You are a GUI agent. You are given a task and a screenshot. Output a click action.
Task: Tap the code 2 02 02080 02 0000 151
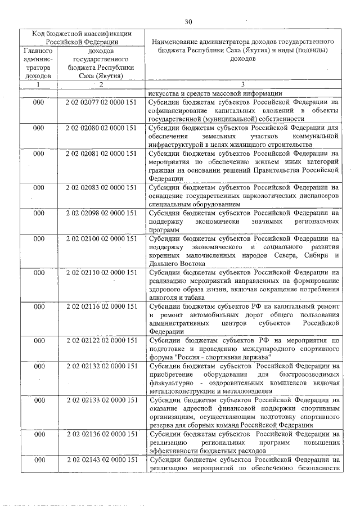[101, 128]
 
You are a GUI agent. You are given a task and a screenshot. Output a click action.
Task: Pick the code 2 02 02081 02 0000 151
[101, 153]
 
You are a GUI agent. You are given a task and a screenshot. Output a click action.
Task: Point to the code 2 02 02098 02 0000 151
[101, 213]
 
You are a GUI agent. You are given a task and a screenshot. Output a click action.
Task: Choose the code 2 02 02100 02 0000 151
[101, 238]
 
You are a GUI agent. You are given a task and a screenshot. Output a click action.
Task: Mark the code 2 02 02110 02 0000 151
[101, 273]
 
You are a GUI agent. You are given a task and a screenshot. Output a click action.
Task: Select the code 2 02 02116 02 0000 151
[101, 307]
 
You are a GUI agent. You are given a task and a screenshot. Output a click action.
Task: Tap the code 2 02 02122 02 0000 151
[101, 340]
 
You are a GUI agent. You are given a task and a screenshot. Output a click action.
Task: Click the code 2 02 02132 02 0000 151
[101, 366]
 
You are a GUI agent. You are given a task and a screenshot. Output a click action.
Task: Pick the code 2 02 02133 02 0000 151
[101, 400]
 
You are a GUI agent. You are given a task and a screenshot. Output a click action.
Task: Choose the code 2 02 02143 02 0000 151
[101, 460]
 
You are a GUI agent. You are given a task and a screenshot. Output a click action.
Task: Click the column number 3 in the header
[243, 84]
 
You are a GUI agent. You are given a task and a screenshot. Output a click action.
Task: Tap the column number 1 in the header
[38, 84]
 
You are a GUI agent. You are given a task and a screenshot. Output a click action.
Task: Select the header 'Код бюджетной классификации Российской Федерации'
[82, 37]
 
